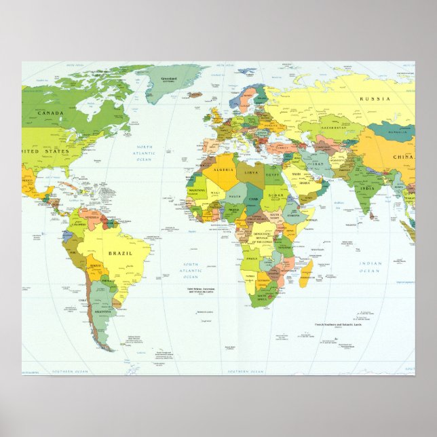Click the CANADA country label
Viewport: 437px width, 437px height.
[50, 113]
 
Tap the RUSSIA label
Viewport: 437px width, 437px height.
[375, 99]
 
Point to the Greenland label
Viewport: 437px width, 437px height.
[170, 79]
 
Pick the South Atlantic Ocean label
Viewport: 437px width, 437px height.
[191, 271]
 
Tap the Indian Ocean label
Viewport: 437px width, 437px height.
[370, 267]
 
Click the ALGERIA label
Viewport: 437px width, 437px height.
[223, 169]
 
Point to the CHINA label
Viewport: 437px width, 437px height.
[403, 158]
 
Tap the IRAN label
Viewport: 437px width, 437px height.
[318, 164]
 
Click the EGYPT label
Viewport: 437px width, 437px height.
[274, 174]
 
